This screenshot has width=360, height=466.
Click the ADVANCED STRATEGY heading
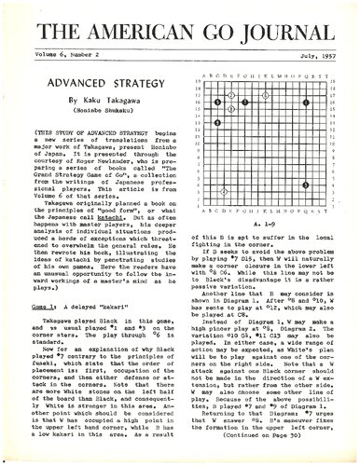click(x=93, y=85)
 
